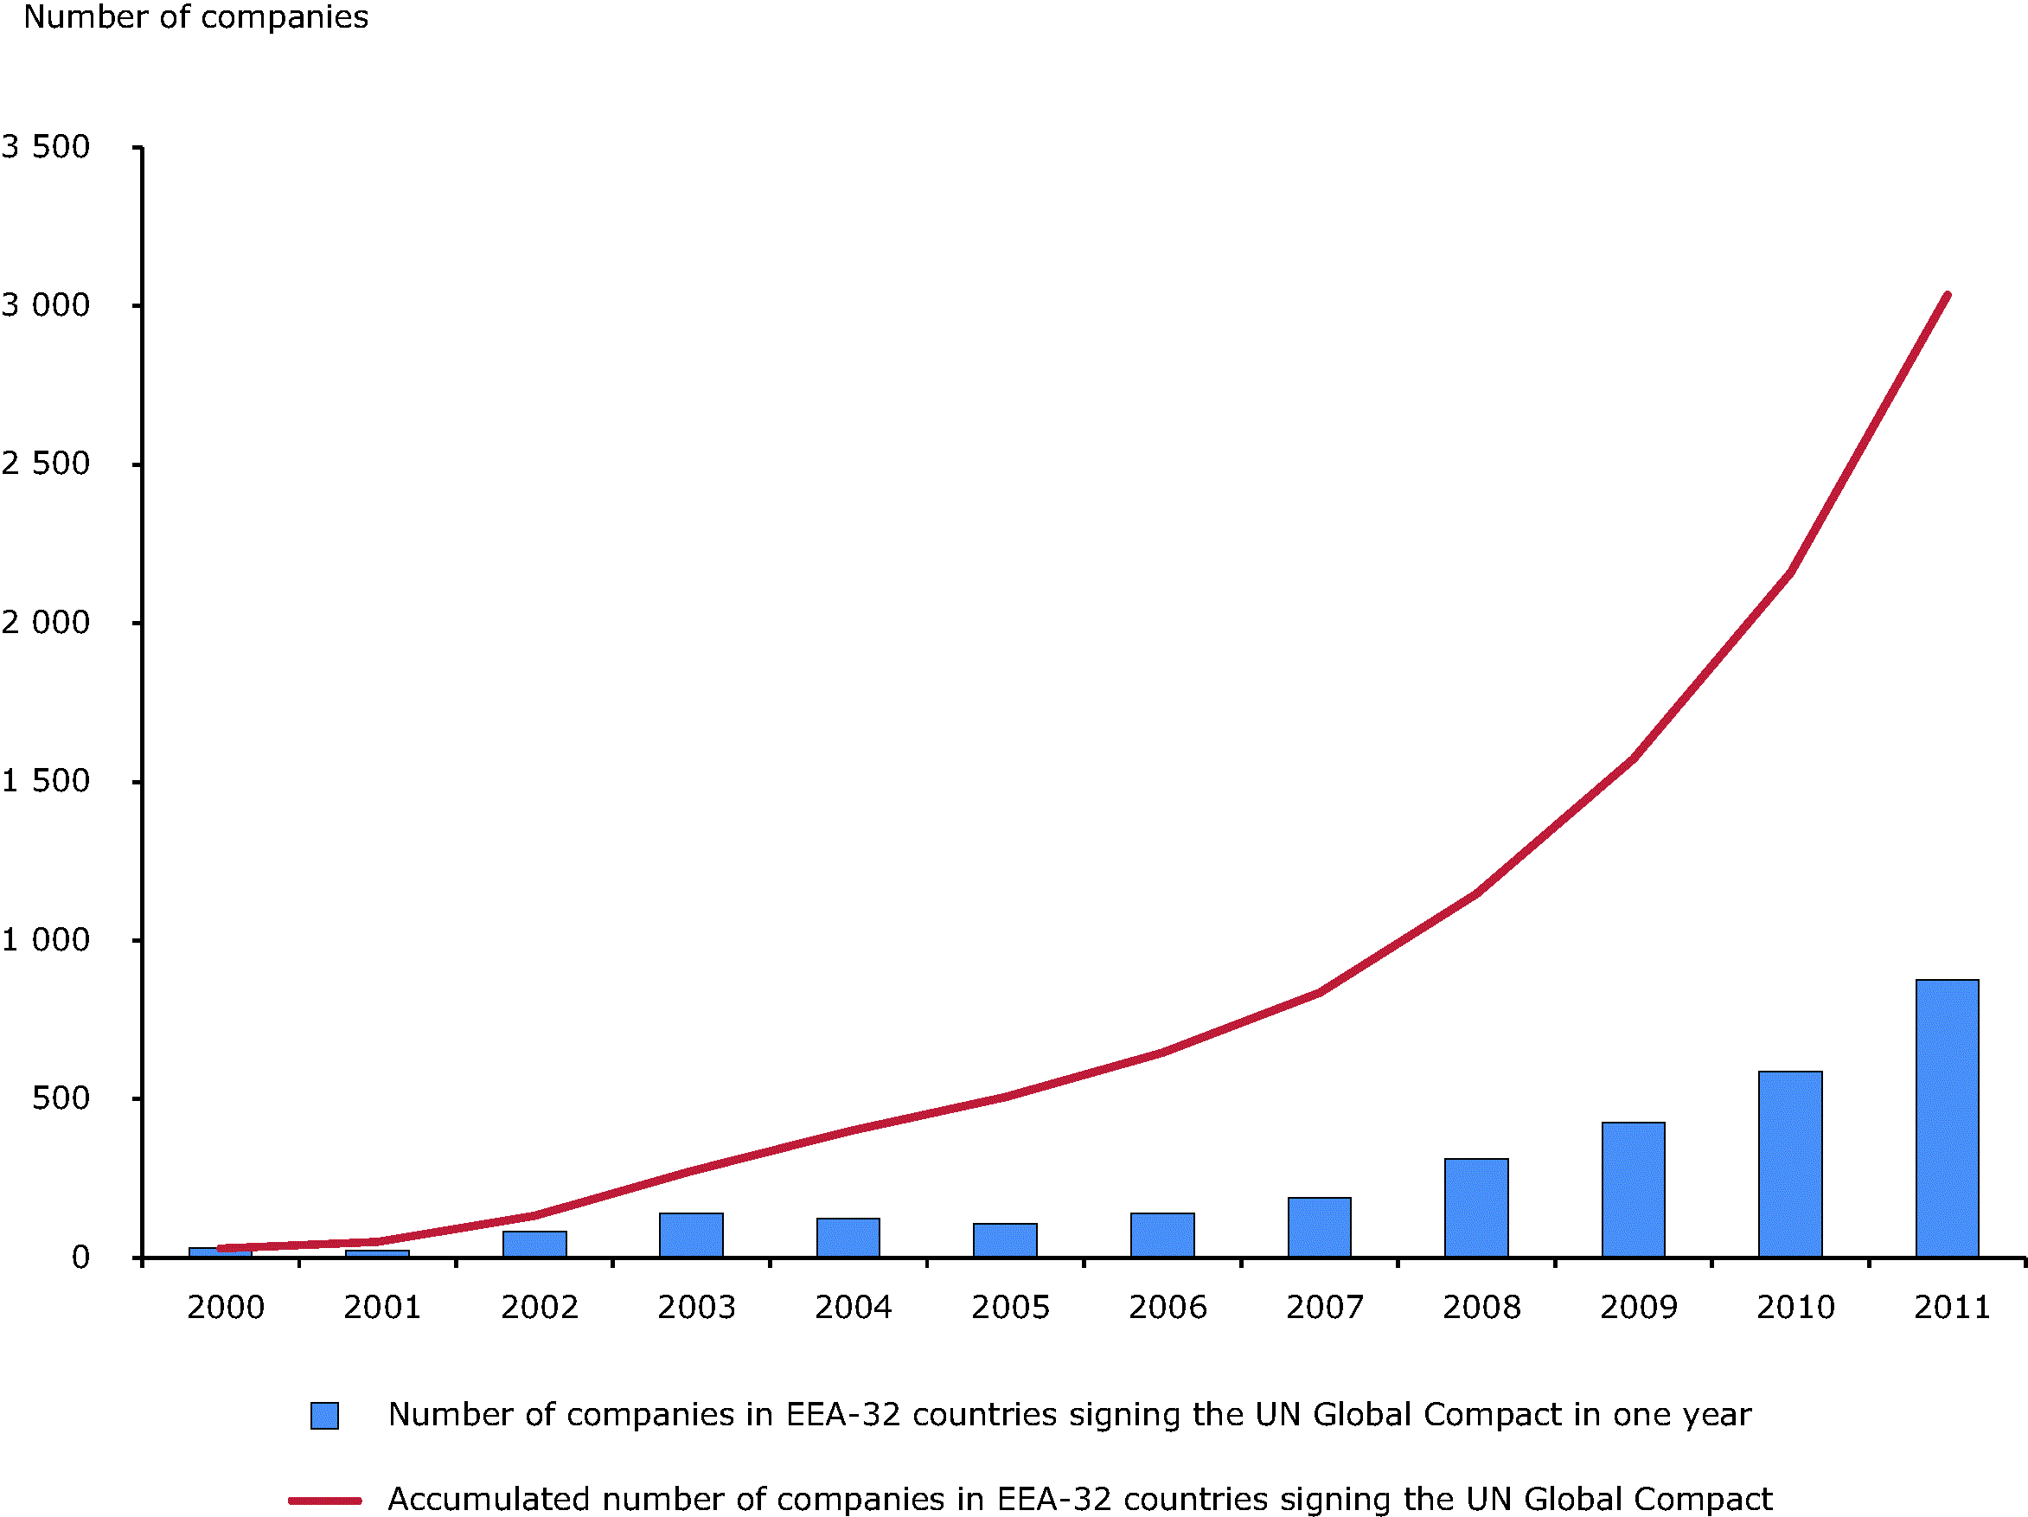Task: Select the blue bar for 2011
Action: [x=1948, y=1117]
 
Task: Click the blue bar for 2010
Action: [x=1790, y=1163]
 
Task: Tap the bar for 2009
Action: [x=1634, y=1189]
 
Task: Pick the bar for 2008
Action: [x=1476, y=1207]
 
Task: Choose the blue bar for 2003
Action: [x=691, y=1235]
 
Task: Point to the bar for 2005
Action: [x=1005, y=1239]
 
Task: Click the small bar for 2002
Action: [x=534, y=1244]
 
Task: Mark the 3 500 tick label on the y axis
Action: [x=46, y=147]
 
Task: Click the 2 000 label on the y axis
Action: [x=46, y=623]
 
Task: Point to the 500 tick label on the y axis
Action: [x=61, y=1098]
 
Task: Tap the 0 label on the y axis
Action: [x=80, y=1257]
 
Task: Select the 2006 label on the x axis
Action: [x=1168, y=1307]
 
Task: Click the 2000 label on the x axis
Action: [x=226, y=1307]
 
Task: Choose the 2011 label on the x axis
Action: [x=1953, y=1307]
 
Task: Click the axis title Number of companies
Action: [x=196, y=17]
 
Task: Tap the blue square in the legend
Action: [x=324, y=1415]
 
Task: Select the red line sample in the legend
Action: [x=324, y=1501]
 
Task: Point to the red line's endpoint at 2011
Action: [x=1948, y=295]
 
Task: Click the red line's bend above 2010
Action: [x=1790, y=572]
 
